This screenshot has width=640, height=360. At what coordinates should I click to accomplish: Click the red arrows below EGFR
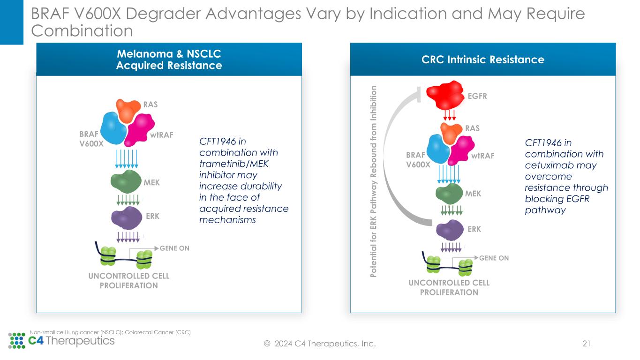coord(450,114)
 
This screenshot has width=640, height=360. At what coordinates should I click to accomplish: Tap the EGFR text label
coord(477,96)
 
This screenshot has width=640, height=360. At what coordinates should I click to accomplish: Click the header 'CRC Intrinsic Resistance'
coord(482,60)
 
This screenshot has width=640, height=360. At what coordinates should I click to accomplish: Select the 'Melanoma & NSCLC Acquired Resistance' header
coord(169,60)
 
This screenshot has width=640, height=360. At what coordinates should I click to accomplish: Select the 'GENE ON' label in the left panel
coord(174,248)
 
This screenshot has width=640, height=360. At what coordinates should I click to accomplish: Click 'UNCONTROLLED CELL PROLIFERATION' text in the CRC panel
coord(449,288)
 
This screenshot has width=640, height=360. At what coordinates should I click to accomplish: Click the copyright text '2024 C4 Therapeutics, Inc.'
coord(324,345)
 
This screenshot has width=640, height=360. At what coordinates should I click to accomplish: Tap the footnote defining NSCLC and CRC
coord(110,332)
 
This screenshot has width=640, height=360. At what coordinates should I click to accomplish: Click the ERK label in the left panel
coord(152,217)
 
